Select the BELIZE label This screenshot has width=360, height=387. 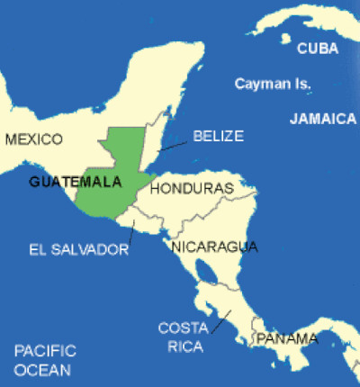(218, 136)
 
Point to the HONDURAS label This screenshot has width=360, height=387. (192, 189)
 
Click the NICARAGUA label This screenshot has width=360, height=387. (214, 246)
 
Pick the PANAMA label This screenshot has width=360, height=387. (287, 338)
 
